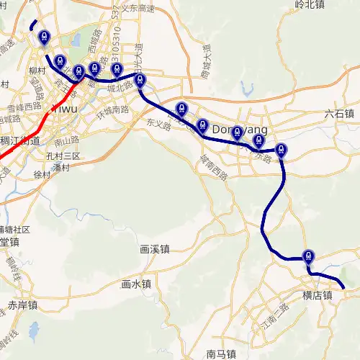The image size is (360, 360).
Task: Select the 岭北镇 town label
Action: [x=310, y=5]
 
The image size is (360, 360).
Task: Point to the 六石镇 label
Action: [x=339, y=114]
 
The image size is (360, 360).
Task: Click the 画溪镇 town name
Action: [x=154, y=250]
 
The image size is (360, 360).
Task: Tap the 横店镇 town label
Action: [x=317, y=295]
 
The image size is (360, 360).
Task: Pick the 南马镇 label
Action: [x=221, y=354]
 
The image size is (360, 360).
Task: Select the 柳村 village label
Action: [x=38, y=73]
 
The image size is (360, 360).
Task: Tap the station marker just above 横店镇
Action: [x=309, y=256]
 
